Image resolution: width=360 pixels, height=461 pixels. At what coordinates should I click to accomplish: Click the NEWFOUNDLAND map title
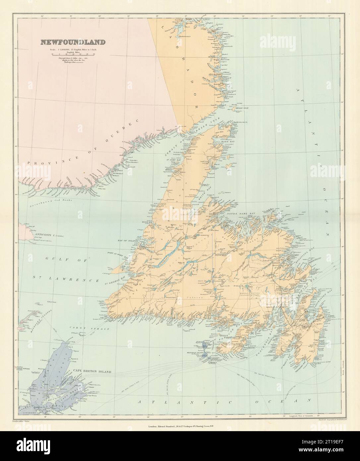tap(73, 42)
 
